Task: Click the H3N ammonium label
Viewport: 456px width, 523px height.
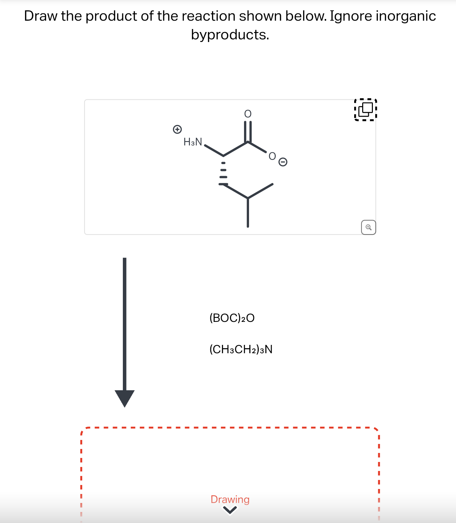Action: (x=193, y=142)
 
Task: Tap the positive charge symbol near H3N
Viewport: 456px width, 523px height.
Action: (x=177, y=129)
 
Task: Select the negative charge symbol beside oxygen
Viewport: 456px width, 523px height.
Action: (x=283, y=162)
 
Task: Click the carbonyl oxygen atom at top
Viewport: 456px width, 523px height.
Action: (x=248, y=114)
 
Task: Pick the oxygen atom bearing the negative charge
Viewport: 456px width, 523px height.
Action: (x=272, y=156)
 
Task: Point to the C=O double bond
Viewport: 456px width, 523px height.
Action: (x=248, y=131)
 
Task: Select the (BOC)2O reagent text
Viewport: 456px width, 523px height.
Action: (x=232, y=318)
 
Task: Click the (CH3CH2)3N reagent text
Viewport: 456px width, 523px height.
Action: (x=241, y=349)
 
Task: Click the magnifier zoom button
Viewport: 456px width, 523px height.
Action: (x=368, y=227)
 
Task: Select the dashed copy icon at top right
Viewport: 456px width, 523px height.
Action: (x=366, y=109)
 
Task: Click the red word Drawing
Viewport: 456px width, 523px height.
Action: (x=230, y=499)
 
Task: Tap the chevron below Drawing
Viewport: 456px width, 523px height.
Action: (x=230, y=510)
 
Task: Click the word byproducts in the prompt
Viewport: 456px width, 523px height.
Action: (x=230, y=35)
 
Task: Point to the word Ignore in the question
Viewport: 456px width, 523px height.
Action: (x=351, y=16)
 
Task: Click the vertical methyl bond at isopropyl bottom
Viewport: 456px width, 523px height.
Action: (x=248, y=213)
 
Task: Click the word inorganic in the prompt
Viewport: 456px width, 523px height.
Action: (x=406, y=16)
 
